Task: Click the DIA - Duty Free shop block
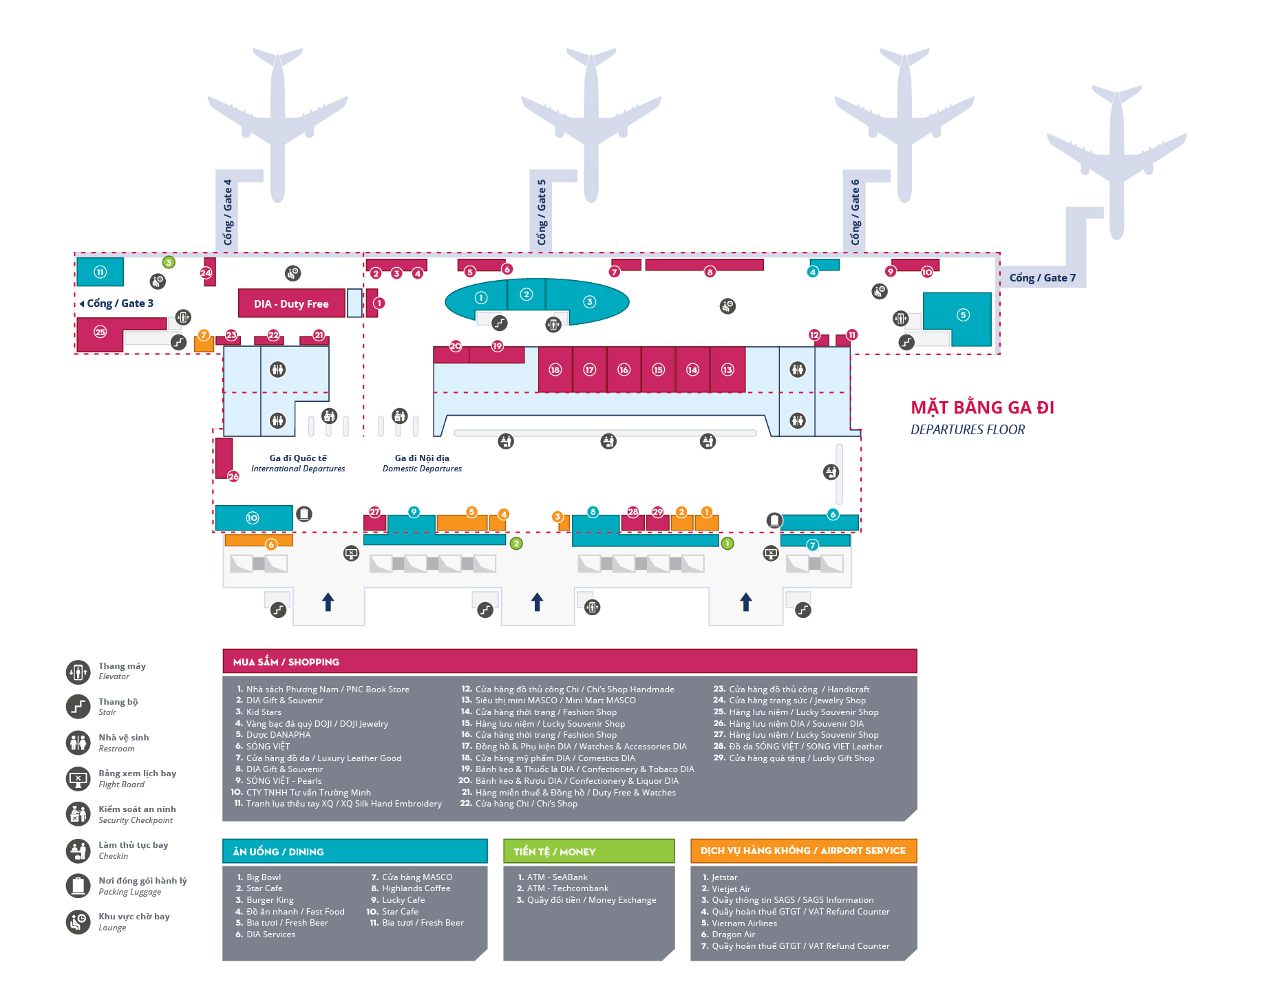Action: (x=291, y=303)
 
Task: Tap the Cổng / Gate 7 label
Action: (x=1042, y=278)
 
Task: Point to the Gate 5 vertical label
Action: (x=542, y=212)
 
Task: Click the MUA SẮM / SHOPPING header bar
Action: (x=569, y=661)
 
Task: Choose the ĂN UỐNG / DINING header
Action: (x=354, y=851)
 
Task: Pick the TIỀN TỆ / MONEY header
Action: (x=588, y=851)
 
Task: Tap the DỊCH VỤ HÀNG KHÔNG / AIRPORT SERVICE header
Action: (x=803, y=851)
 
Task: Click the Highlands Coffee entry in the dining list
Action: (x=416, y=888)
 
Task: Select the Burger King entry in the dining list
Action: (x=270, y=900)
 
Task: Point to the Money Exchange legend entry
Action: (x=591, y=900)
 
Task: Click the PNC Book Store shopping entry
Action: (x=328, y=689)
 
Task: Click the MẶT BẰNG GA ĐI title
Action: (x=982, y=407)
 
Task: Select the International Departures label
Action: (x=298, y=463)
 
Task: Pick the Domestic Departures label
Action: (x=422, y=463)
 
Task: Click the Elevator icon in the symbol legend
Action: (x=78, y=672)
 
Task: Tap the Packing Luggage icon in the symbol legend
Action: (x=78, y=886)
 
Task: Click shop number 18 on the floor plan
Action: (x=555, y=370)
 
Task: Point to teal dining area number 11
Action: (x=100, y=272)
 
